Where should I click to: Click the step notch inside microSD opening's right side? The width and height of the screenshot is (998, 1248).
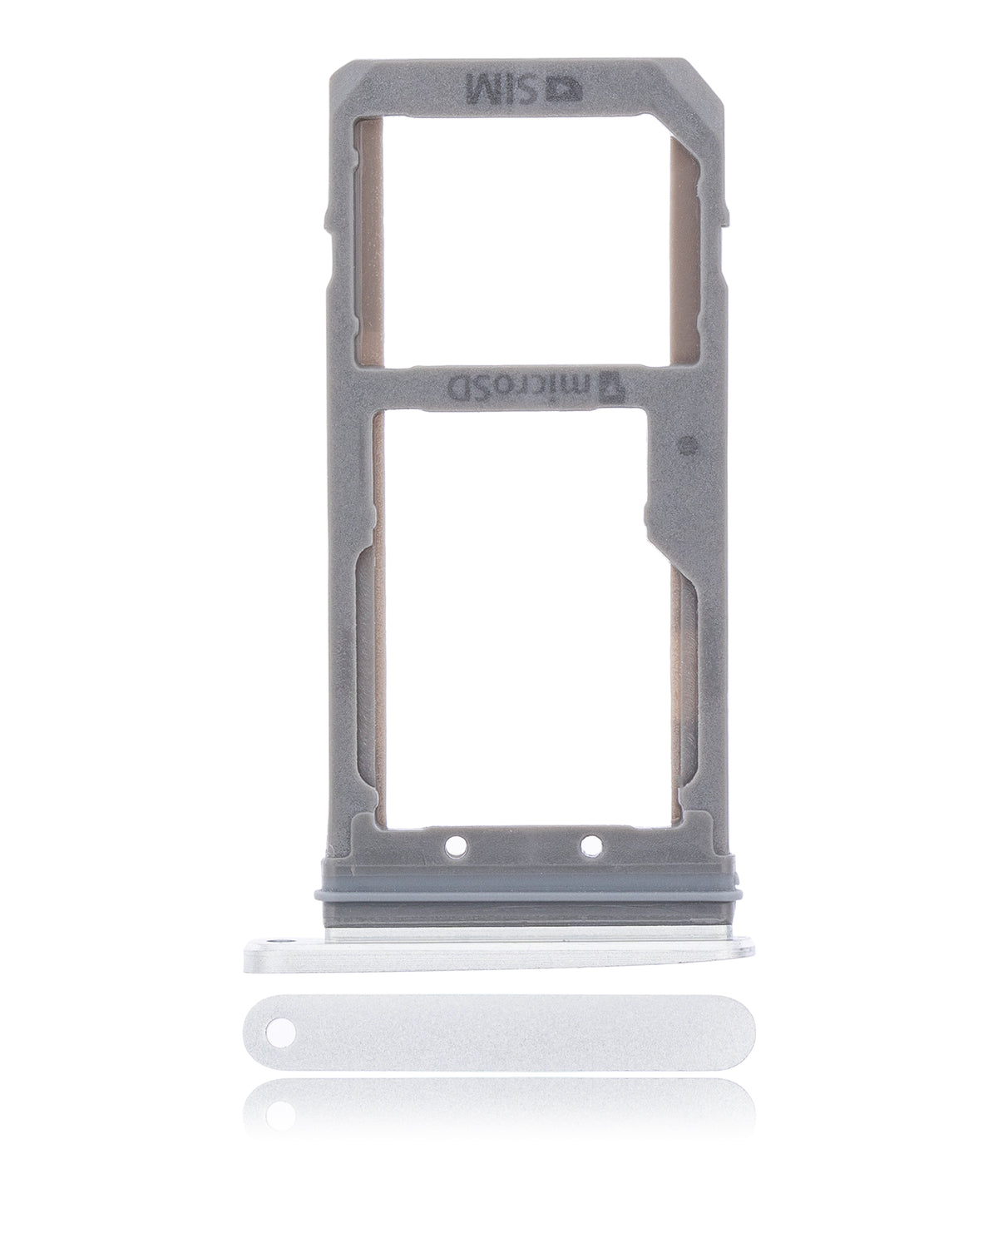tap(650, 508)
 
